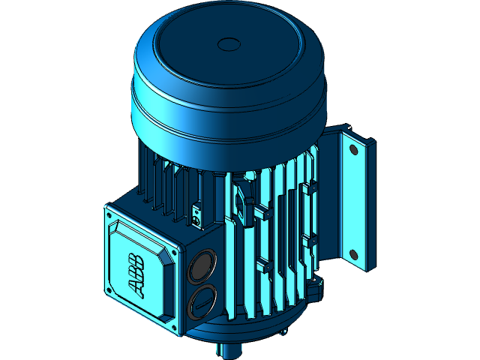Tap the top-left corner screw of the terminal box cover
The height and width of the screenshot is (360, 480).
click(x=110, y=217)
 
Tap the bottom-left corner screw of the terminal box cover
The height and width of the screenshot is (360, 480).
click(x=110, y=289)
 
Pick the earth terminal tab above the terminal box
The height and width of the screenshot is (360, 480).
click(x=196, y=215)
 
